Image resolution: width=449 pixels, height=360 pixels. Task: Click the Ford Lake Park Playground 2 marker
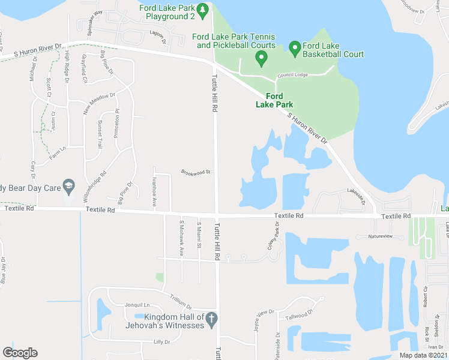pos(202,10)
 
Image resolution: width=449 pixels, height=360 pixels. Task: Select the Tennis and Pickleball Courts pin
pos(261,58)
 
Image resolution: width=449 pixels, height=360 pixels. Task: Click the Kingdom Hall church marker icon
pos(211,320)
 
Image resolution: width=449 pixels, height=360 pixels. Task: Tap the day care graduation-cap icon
pos(69,187)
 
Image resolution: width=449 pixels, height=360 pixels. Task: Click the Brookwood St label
pos(196,172)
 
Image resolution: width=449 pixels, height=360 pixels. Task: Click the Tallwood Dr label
pos(300,315)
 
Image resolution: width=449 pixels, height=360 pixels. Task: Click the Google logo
pos(20,353)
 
